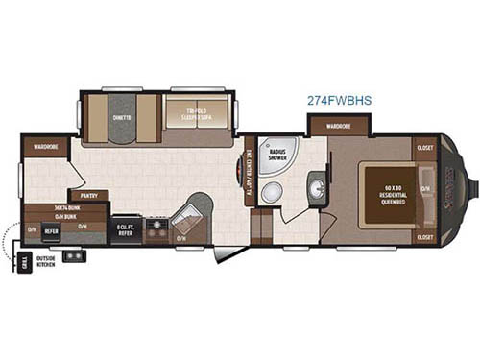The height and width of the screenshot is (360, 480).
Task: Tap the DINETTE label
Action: pyautogui.click(x=122, y=119)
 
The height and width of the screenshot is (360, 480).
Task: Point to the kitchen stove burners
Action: pyautogui.click(x=156, y=229)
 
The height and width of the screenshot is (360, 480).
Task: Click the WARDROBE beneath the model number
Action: pyautogui.click(x=336, y=126)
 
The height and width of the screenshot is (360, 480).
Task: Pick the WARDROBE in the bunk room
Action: pyautogui.click(x=45, y=147)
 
